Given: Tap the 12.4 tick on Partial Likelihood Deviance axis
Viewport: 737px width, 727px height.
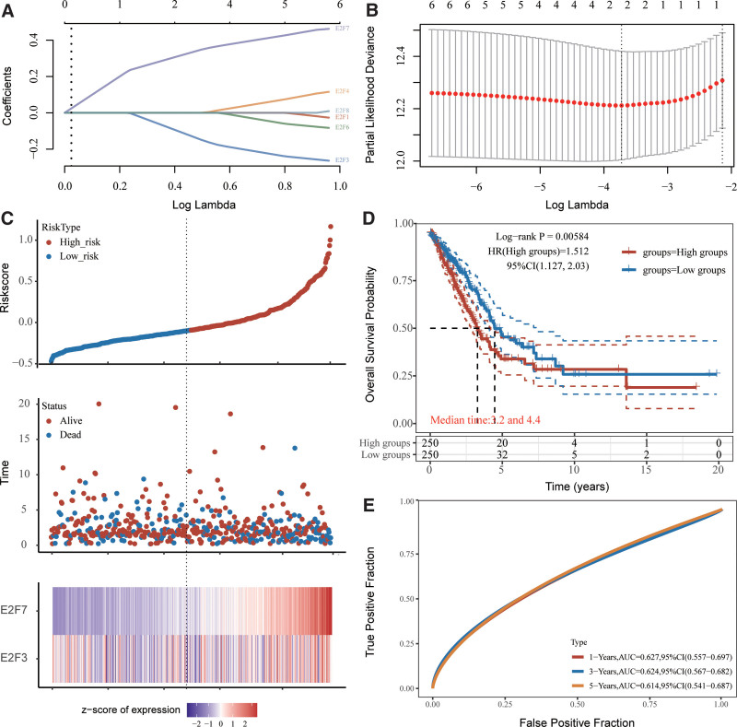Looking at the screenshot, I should click(397, 57).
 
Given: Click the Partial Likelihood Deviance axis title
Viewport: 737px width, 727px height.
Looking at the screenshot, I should click(375, 96).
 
